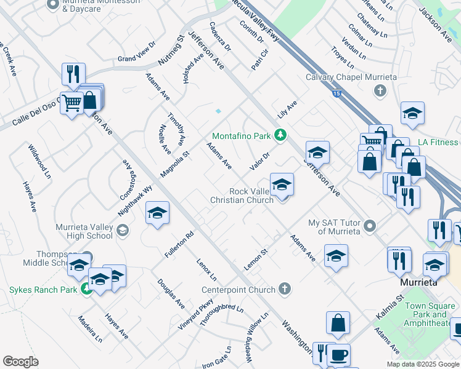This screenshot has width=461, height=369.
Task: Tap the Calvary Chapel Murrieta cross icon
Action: [x=380, y=90]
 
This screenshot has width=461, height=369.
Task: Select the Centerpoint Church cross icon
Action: [x=284, y=288]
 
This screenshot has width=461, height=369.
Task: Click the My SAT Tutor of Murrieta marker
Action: [x=370, y=226]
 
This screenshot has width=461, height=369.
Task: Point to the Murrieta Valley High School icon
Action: [x=123, y=231]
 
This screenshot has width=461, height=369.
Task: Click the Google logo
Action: [x=20, y=362]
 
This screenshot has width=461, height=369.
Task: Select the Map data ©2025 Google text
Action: [x=423, y=364]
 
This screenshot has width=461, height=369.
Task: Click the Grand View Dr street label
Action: [x=137, y=53]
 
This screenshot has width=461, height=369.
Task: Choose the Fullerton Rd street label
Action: [x=179, y=244]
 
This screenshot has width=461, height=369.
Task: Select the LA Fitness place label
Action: [x=438, y=142]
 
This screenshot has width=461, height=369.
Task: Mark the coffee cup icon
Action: [x=337, y=355]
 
